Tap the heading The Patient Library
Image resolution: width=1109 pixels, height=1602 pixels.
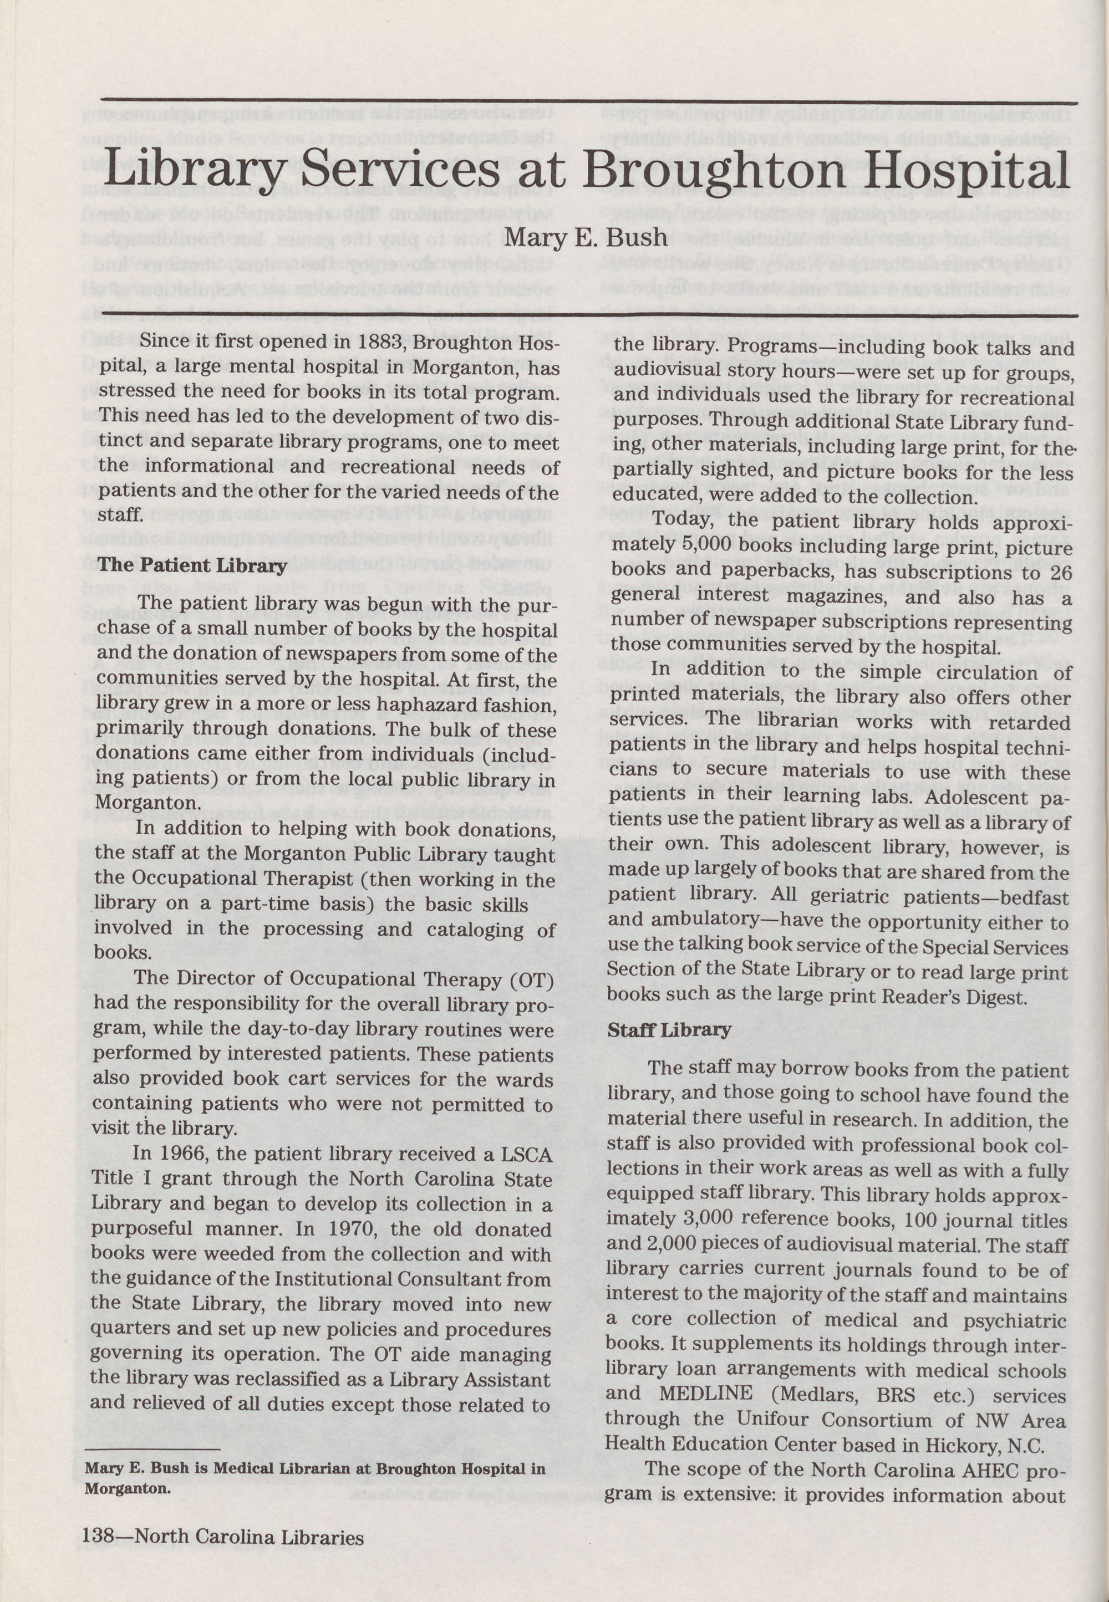192,565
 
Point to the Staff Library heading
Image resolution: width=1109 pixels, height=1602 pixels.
669,1029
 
